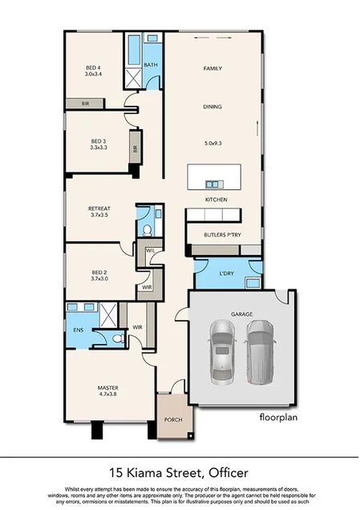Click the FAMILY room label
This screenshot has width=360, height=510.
pos(212,69)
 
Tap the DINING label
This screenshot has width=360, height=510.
pos(212,107)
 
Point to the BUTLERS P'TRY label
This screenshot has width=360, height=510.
pos(224,235)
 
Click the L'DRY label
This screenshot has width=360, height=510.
pos(227,274)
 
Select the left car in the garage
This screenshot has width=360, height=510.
pos(223,352)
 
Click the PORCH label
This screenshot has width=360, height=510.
pos(173,419)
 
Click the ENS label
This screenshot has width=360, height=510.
pos(79,330)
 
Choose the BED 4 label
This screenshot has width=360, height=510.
pos(93,67)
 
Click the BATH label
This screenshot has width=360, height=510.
pos(151,66)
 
